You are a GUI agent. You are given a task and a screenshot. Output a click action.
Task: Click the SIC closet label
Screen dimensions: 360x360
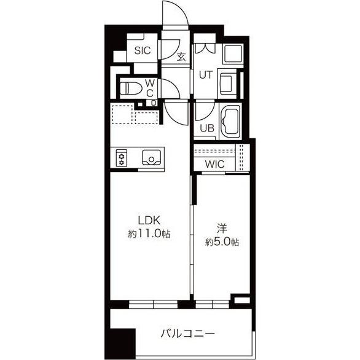[x=143, y=50]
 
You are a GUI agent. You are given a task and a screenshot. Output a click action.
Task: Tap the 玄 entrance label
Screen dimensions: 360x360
[x=182, y=57]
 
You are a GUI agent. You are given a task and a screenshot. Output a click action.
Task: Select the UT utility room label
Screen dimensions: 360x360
[x=206, y=75]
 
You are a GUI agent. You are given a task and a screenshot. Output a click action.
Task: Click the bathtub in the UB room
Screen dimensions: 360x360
[x=230, y=122]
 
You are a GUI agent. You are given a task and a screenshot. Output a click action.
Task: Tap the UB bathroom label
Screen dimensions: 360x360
[x=207, y=128]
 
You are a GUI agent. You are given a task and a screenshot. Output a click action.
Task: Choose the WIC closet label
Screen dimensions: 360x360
[x=214, y=164]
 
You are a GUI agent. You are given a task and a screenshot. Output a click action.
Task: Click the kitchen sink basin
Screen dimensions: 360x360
[x=151, y=158]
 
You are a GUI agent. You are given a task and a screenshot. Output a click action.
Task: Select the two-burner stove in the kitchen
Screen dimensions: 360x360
[x=122, y=158]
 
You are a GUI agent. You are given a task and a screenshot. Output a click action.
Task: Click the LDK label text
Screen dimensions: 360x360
[x=149, y=221]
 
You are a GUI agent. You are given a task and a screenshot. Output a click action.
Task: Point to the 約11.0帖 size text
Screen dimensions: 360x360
[x=149, y=233]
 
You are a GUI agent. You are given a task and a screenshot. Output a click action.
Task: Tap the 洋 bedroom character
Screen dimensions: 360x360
[x=222, y=229]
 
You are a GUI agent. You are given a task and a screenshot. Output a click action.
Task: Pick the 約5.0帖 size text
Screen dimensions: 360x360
[x=222, y=242]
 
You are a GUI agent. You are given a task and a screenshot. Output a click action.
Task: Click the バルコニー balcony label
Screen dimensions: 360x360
[x=187, y=334]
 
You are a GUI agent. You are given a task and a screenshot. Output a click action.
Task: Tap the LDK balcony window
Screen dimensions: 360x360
[x=154, y=304]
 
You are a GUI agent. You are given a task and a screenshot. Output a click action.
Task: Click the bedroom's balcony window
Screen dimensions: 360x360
[x=212, y=304]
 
